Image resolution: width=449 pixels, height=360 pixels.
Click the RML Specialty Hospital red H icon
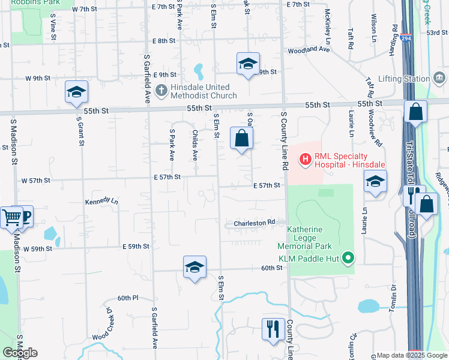pos(306,159)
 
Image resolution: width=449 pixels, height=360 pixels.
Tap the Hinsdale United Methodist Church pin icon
pos(160,91)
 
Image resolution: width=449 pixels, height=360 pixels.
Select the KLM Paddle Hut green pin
pos(347,259)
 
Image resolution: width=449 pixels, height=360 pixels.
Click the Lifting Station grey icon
pos(439,79)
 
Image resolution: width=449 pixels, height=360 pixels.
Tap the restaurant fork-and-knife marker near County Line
pos(273,329)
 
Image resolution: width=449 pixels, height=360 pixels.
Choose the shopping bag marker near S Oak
pos(241,139)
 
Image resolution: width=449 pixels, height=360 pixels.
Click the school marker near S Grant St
pos(76,92)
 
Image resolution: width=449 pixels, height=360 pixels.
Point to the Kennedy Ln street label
pos(101,202)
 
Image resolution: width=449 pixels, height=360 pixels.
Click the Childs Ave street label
pos(194,145)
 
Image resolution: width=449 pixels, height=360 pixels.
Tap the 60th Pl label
pos(128,298)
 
